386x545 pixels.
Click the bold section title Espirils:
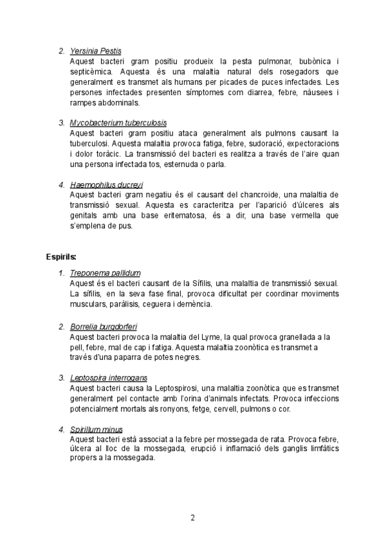[x=62, y=257]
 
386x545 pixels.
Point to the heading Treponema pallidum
[x=105, y=273]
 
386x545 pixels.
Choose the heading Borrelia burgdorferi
[x=104, y=326]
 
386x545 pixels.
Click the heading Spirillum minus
[x=96, y=429]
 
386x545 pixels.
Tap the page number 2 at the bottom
[x=192, y=517]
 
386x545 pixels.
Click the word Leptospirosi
[x=173, y=388]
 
